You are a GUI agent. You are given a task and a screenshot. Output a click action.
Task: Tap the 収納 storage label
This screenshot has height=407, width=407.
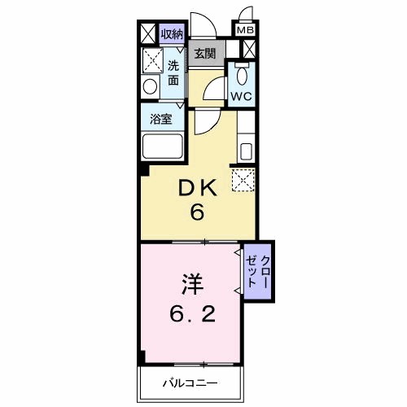click(171, 33)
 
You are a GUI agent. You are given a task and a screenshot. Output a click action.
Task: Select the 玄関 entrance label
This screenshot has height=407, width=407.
click(204, 54)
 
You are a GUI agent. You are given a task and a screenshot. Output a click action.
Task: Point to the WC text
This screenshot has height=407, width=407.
click(240, 95)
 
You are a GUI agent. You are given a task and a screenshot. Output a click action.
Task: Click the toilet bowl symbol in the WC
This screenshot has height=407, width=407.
click(241, 76)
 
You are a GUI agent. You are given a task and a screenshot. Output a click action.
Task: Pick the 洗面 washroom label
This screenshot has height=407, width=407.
click(173, 72)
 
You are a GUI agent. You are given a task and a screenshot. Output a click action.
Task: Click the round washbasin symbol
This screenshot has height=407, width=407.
click(150, 86)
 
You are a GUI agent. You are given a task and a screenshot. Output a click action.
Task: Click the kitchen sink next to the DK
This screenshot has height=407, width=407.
click(246, 151)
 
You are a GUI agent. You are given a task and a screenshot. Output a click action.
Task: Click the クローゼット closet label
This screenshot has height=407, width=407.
click(258, 269)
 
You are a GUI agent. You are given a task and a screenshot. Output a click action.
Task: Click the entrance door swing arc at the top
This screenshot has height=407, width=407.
click(201, 24)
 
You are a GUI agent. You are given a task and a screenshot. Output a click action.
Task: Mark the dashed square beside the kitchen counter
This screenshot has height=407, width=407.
click(243, 180)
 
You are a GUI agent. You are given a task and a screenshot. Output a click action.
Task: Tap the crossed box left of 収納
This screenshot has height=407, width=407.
click(147, 34)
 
